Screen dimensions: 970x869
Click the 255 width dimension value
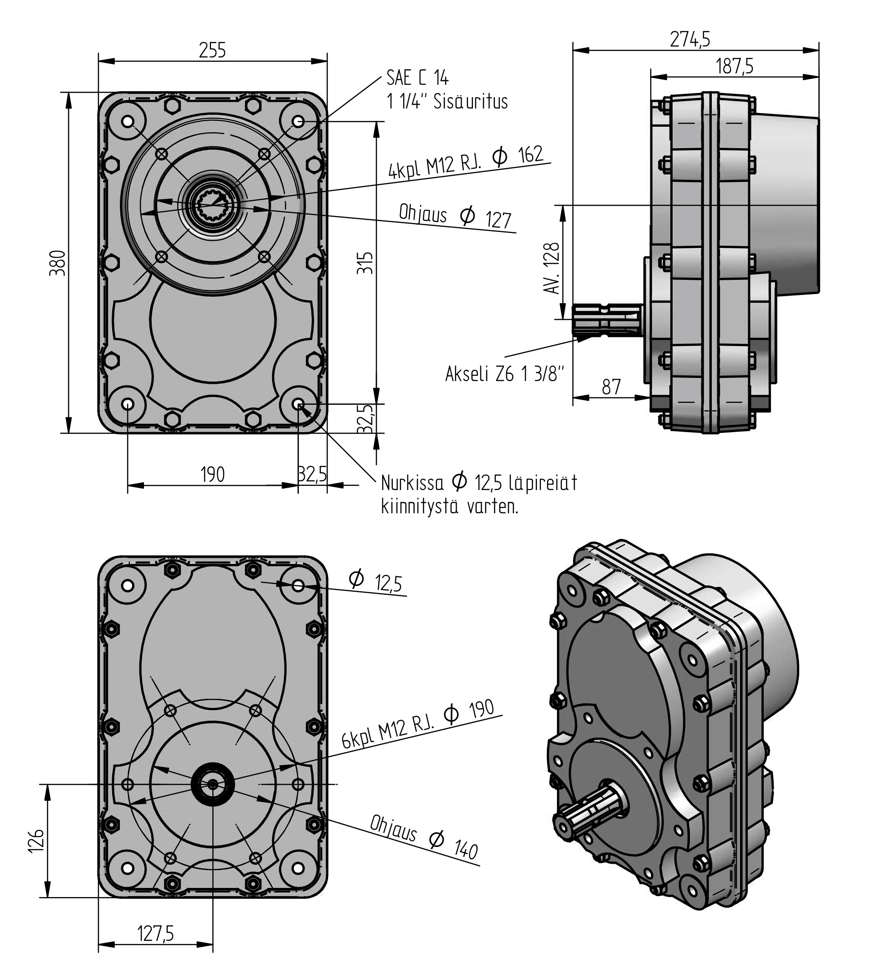click(x=212, y=50)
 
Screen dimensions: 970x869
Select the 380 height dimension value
click(x=58, y=263)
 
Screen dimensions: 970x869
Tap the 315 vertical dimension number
click(x=365, y=263)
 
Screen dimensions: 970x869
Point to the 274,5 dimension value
click(x=690, y=39)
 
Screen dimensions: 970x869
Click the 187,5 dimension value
click(x=735, y=67)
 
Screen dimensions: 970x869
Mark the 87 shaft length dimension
click(x=611, y=387)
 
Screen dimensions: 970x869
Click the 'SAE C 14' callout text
click(x=417, y=77)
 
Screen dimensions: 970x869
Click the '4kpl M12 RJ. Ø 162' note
click(x=466, y=162)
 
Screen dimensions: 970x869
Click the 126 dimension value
click(x=37, y=840)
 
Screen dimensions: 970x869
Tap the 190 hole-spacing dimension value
click(x=212, y=474)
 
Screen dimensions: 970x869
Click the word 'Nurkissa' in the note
click(x=412, y=483)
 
